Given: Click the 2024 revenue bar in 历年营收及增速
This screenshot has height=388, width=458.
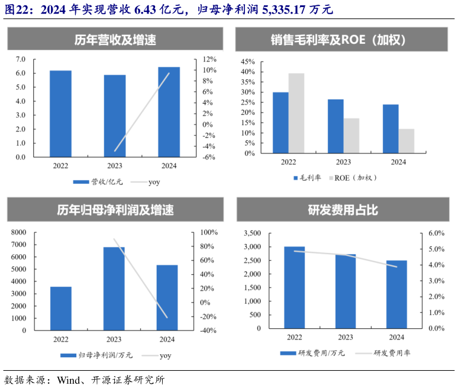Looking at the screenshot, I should (169, 112).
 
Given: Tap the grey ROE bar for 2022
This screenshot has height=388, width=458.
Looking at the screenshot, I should (296, 113).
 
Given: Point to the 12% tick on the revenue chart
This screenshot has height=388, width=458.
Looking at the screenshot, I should (210, 59).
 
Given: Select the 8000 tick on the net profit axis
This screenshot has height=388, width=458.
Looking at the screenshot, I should (20, 232).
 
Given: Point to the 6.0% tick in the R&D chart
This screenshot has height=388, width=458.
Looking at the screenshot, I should (436, 233).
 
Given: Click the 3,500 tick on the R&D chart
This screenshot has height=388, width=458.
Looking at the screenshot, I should (251, 233).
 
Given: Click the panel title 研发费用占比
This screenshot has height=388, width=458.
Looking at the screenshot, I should (342, 210).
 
